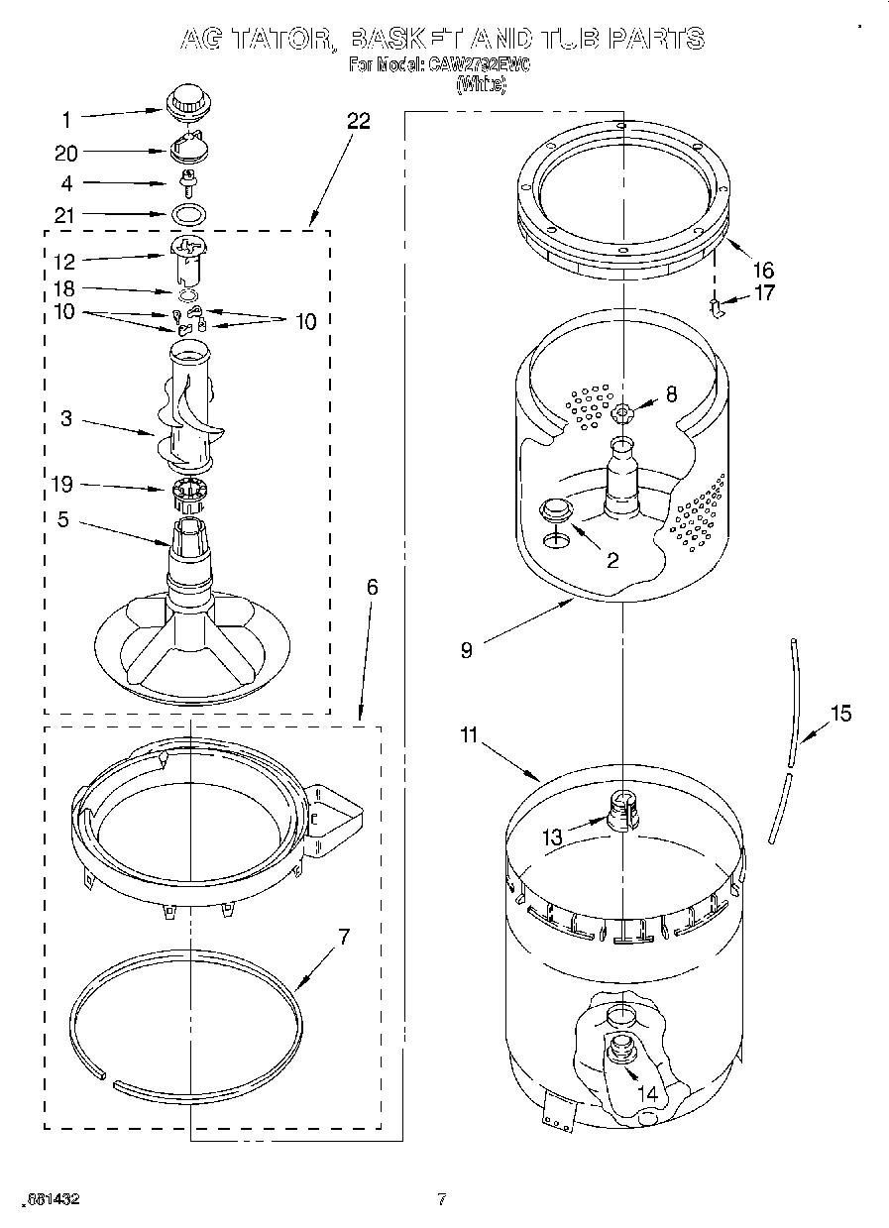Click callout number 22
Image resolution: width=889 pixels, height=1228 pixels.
point(358,121)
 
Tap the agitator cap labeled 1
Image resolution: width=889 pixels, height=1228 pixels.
point(184,101)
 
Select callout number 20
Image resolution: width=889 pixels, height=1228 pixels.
point(66,153)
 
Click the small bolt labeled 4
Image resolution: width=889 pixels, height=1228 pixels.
point(186,181)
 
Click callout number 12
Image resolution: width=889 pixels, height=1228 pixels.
point(66,262)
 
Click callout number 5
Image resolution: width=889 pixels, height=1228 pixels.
point(62,518)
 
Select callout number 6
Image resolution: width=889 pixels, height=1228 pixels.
point(372,587)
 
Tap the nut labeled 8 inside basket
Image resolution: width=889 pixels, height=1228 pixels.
point(621,411)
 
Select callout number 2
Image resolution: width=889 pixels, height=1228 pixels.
point(612,560)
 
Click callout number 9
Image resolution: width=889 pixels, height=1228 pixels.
point(466,650)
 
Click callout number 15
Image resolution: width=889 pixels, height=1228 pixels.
point(840,714)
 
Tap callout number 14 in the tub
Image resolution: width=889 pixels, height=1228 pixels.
point(648,1094)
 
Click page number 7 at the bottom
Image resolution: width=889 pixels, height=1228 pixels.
point(442,1199)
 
